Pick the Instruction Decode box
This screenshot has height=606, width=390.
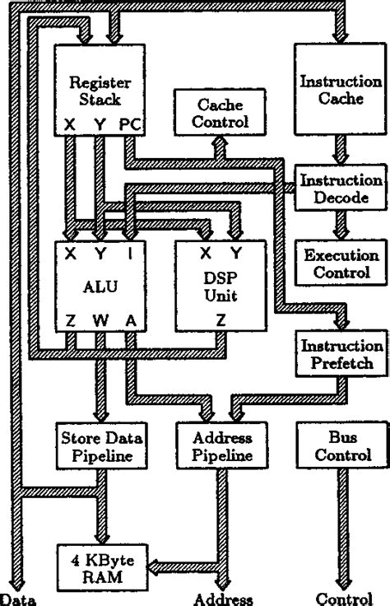339,189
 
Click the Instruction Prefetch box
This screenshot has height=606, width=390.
339,352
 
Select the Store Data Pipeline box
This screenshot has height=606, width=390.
99,445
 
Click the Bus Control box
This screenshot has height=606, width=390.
339,445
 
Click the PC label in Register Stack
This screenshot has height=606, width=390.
129,124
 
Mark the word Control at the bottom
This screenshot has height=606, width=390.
339,598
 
